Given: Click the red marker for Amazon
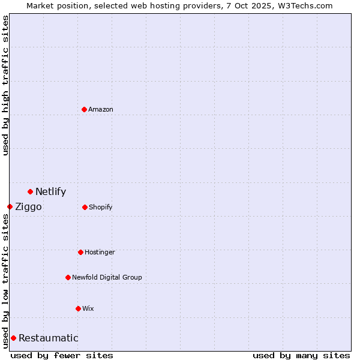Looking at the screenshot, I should click(x=84, y=109).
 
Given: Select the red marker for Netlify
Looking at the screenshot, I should click(x=30, y=191).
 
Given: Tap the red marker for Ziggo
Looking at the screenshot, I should click(x=10, y=206).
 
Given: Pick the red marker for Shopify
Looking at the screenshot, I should click(x=85, y=207).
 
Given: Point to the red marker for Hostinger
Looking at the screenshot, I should click(x=80, y=252).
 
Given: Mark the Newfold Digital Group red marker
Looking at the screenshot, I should click(x=68, y=277).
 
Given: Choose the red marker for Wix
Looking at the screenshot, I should click(x=78, y=308).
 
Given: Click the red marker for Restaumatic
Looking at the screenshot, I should click(x=13, y=338).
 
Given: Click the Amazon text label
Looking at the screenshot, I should click(x=101, y=109).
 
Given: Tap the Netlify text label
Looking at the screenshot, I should click(x=50, y=192).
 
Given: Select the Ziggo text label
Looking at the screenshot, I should click(x=28, y=207).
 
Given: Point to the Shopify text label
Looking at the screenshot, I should click(x=101, y=207).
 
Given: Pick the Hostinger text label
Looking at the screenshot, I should click(x=100, y=252).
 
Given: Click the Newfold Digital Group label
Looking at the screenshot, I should click(x=107, y=277).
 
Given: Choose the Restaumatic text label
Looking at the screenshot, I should click(x=48, y=338).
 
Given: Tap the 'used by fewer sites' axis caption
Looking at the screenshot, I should click(x=62, y=355).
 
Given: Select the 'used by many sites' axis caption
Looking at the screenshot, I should click(x=301, y=355).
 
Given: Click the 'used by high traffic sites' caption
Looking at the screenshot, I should click(x=5, y=85).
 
